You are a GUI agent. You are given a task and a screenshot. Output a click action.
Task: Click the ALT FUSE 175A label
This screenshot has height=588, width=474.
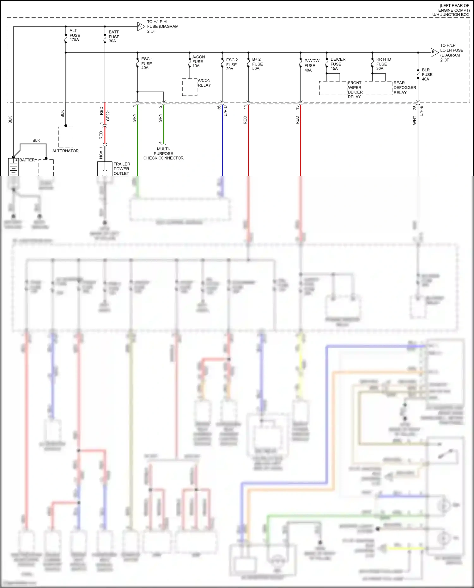(x=75, y=35)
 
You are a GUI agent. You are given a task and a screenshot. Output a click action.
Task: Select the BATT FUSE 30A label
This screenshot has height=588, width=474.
(x=114, y=36)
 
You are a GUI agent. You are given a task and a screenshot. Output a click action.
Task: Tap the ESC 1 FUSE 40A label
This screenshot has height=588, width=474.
(x=147, y=63)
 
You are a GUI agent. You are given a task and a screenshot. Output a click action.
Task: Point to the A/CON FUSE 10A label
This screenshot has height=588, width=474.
(x=198, y=61)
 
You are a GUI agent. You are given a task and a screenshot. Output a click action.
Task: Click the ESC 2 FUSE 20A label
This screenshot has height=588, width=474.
(x=232, y=64)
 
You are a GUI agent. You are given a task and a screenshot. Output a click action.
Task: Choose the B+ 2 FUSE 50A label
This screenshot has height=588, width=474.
(x=257, y=64)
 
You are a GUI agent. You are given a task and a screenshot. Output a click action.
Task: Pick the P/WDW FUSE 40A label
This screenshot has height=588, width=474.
(x=311, y=65)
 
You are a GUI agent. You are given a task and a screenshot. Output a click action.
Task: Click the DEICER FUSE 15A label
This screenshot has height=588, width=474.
(x=337, y=64)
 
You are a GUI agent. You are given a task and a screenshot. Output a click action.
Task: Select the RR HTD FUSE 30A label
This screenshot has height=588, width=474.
(x=383, y=64)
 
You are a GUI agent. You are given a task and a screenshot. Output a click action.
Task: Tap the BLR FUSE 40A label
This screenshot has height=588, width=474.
(x=427, y=75)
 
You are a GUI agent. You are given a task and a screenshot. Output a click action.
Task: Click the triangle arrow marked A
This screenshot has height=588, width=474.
(x=140, y=27)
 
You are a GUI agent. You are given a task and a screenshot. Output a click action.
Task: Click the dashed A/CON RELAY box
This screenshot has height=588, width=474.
(x=190, y=87)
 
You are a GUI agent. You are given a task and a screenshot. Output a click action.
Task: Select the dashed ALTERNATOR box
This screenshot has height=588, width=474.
(x=66, y=137)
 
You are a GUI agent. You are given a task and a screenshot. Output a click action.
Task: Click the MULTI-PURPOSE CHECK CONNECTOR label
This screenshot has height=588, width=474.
(x=163, y=154)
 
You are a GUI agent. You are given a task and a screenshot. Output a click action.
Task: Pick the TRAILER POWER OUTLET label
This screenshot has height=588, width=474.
(x=121, y=169)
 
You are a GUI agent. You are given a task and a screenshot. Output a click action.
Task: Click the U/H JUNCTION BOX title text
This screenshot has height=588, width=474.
(x=451, y=15)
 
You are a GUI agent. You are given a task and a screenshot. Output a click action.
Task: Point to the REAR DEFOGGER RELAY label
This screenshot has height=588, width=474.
(x=404, y=88)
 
